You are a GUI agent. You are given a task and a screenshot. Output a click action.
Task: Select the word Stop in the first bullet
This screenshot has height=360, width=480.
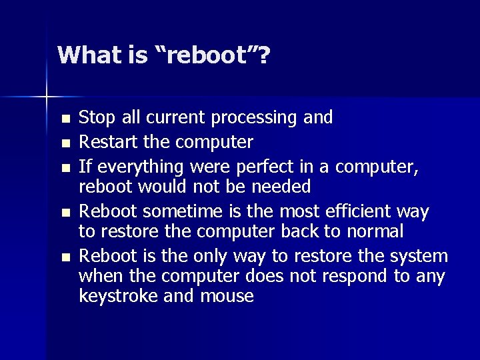click(x=97, y=118)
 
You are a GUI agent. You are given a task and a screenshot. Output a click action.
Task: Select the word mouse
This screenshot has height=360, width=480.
click(x=227, y=295)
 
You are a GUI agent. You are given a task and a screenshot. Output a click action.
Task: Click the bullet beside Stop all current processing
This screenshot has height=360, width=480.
click(x=65, y=119)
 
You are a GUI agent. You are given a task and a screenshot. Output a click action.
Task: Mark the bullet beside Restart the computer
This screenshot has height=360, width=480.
click(x=65, y=143)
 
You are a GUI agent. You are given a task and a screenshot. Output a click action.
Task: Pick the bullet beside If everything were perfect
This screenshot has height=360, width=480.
click(x=65, y=167)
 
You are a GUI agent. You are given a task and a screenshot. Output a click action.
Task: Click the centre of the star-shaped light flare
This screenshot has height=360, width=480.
click(x=47, y=97)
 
